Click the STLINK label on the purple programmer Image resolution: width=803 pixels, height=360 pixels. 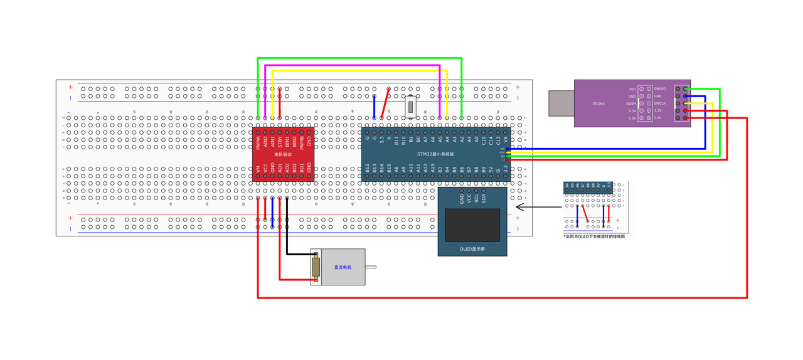coord(598,103)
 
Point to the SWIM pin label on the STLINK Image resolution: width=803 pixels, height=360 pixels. coord(631,103)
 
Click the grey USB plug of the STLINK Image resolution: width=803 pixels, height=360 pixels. coord(561,103)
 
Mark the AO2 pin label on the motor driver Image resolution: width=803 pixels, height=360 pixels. coord(287,169)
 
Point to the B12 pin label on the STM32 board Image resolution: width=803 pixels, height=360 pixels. coord(368,168)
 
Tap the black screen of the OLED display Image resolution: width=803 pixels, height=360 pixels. coord(472,225)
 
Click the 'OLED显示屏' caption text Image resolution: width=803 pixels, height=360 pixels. coord(472,249)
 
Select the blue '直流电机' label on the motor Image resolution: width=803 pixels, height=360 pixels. coord(343,267)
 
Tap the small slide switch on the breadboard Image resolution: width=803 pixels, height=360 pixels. coord(412,106)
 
